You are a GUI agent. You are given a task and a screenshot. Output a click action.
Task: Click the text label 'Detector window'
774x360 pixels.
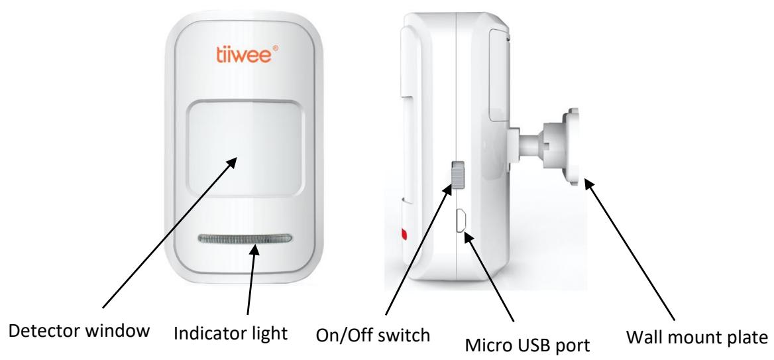coord(76,330)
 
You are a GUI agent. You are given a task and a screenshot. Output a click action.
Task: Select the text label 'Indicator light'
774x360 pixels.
coord(230,330)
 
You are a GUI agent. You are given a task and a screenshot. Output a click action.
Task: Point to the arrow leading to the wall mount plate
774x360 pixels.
coord(630,245)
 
